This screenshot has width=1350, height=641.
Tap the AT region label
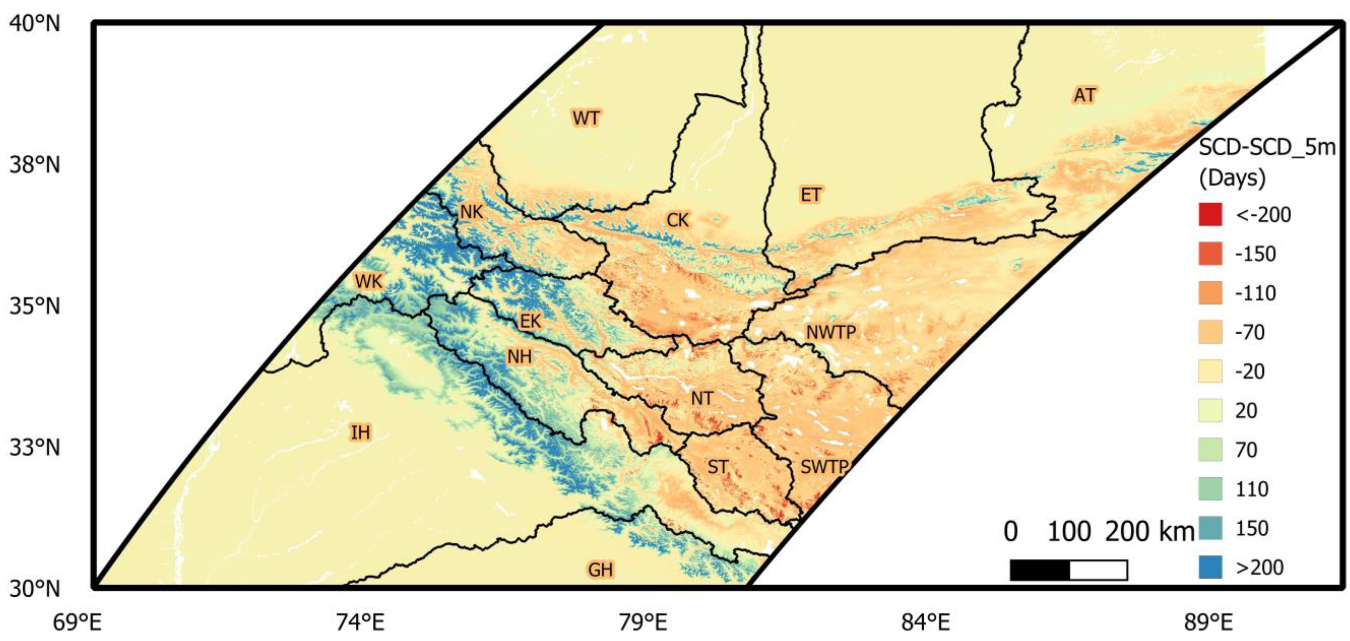tap(1084, 95)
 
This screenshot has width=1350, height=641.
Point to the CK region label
tap(677, 220)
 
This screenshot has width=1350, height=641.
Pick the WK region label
tap(369, 282)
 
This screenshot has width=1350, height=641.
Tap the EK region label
tap(530, 321)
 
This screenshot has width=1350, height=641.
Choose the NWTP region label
tap(831, 332)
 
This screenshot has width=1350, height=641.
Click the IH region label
tap(360, 433)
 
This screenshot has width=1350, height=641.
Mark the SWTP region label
tap(824, 466)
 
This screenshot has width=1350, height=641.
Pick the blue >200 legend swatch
tap(1210, 567)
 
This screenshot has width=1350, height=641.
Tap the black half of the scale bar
tap(1040, 570)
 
